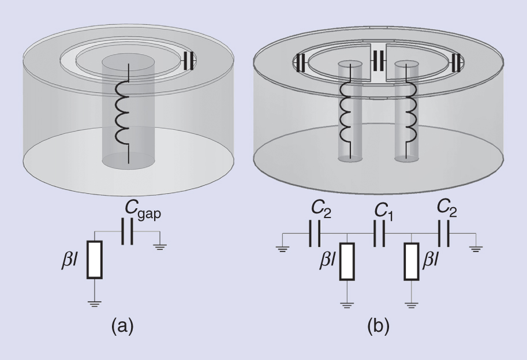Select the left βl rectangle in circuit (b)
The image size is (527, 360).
click(x=346, y=260)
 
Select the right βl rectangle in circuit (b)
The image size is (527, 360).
click(x=411, y=260)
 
